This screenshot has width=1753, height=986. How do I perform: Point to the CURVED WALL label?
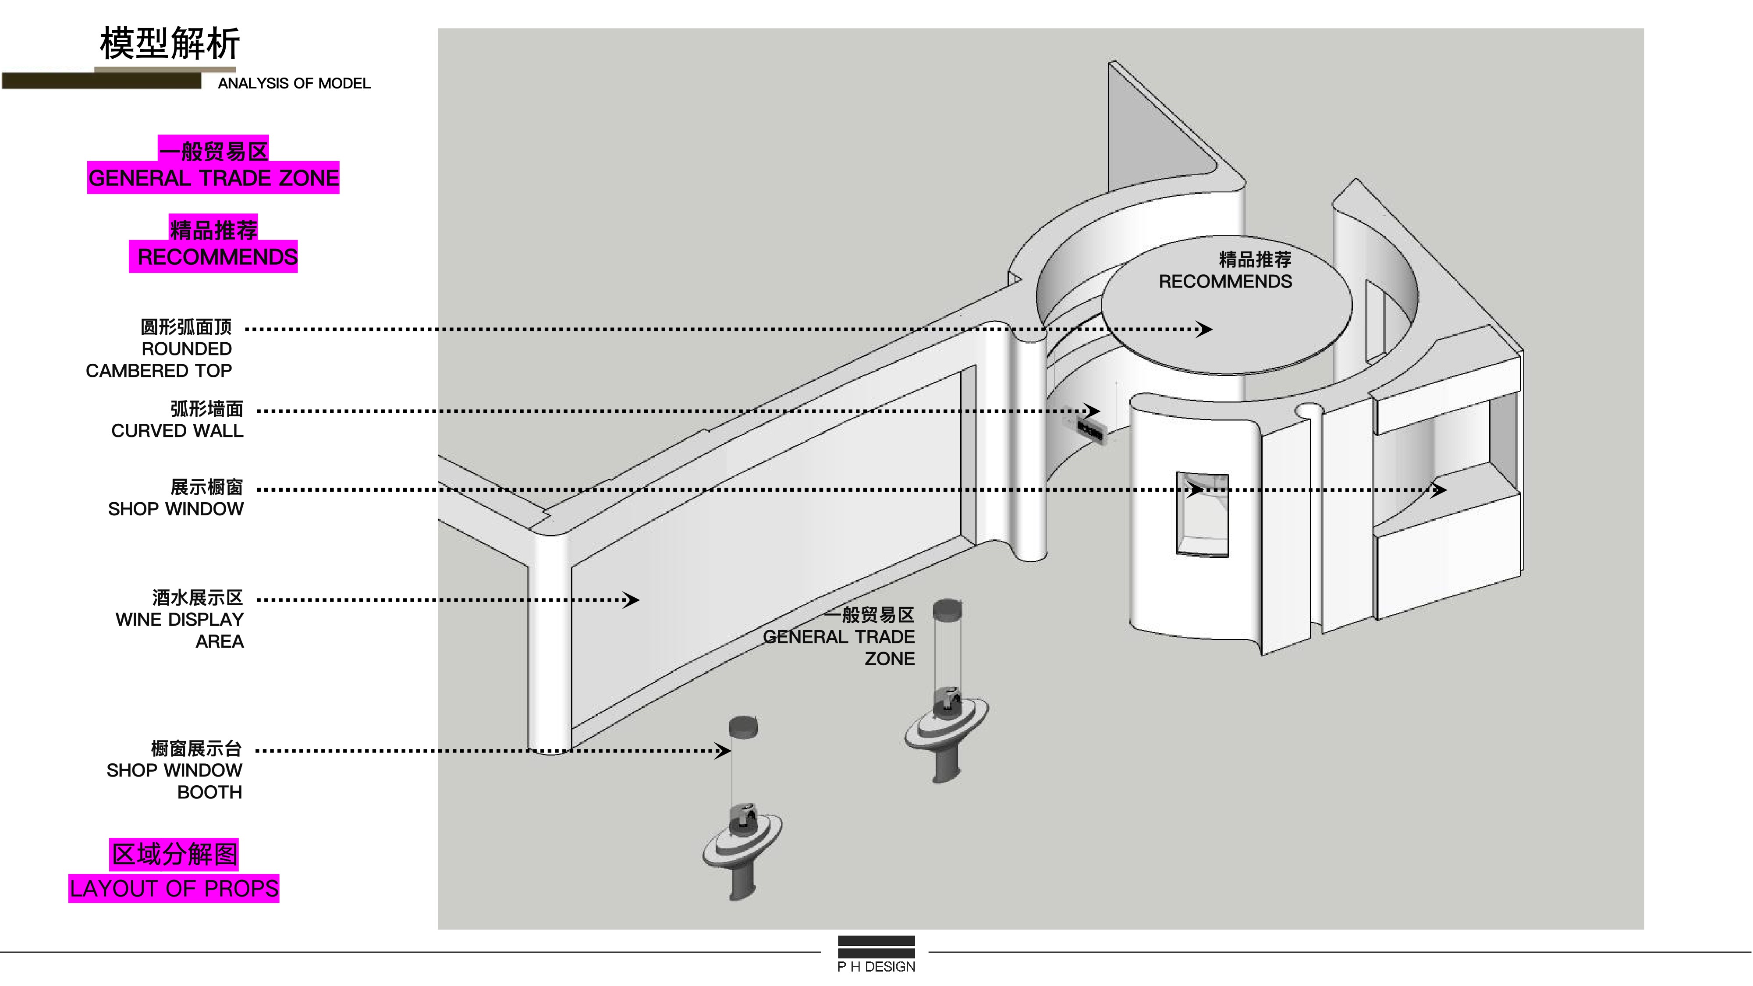[x=177, y=431]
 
